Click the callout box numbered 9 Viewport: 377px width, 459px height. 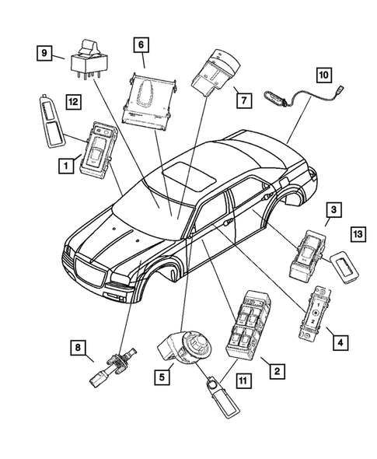click(x=47, y=53)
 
